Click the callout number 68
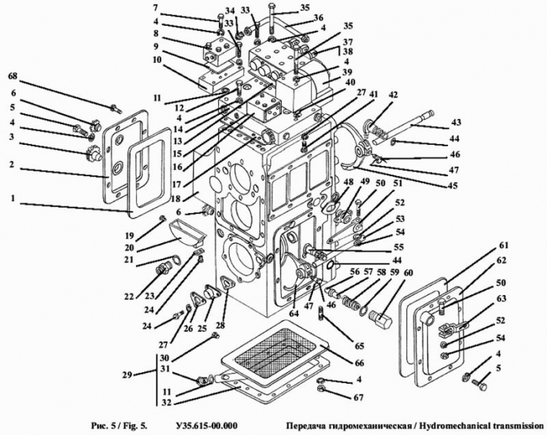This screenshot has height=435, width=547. coord(16,76)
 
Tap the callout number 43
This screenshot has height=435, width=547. coord(455,123)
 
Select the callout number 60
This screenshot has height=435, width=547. coord(408,273)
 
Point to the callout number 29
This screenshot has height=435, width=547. coord(128,375)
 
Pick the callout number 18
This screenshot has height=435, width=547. coord(176,199)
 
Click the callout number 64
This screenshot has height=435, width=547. coord(294,313)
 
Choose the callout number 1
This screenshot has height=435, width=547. coord(13,198)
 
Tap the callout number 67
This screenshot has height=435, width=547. coord(358,397)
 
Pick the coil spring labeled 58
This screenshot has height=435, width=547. coord(351,300)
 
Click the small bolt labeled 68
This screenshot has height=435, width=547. coord(116,109)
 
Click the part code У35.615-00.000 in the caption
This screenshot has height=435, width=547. coord(207,426)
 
